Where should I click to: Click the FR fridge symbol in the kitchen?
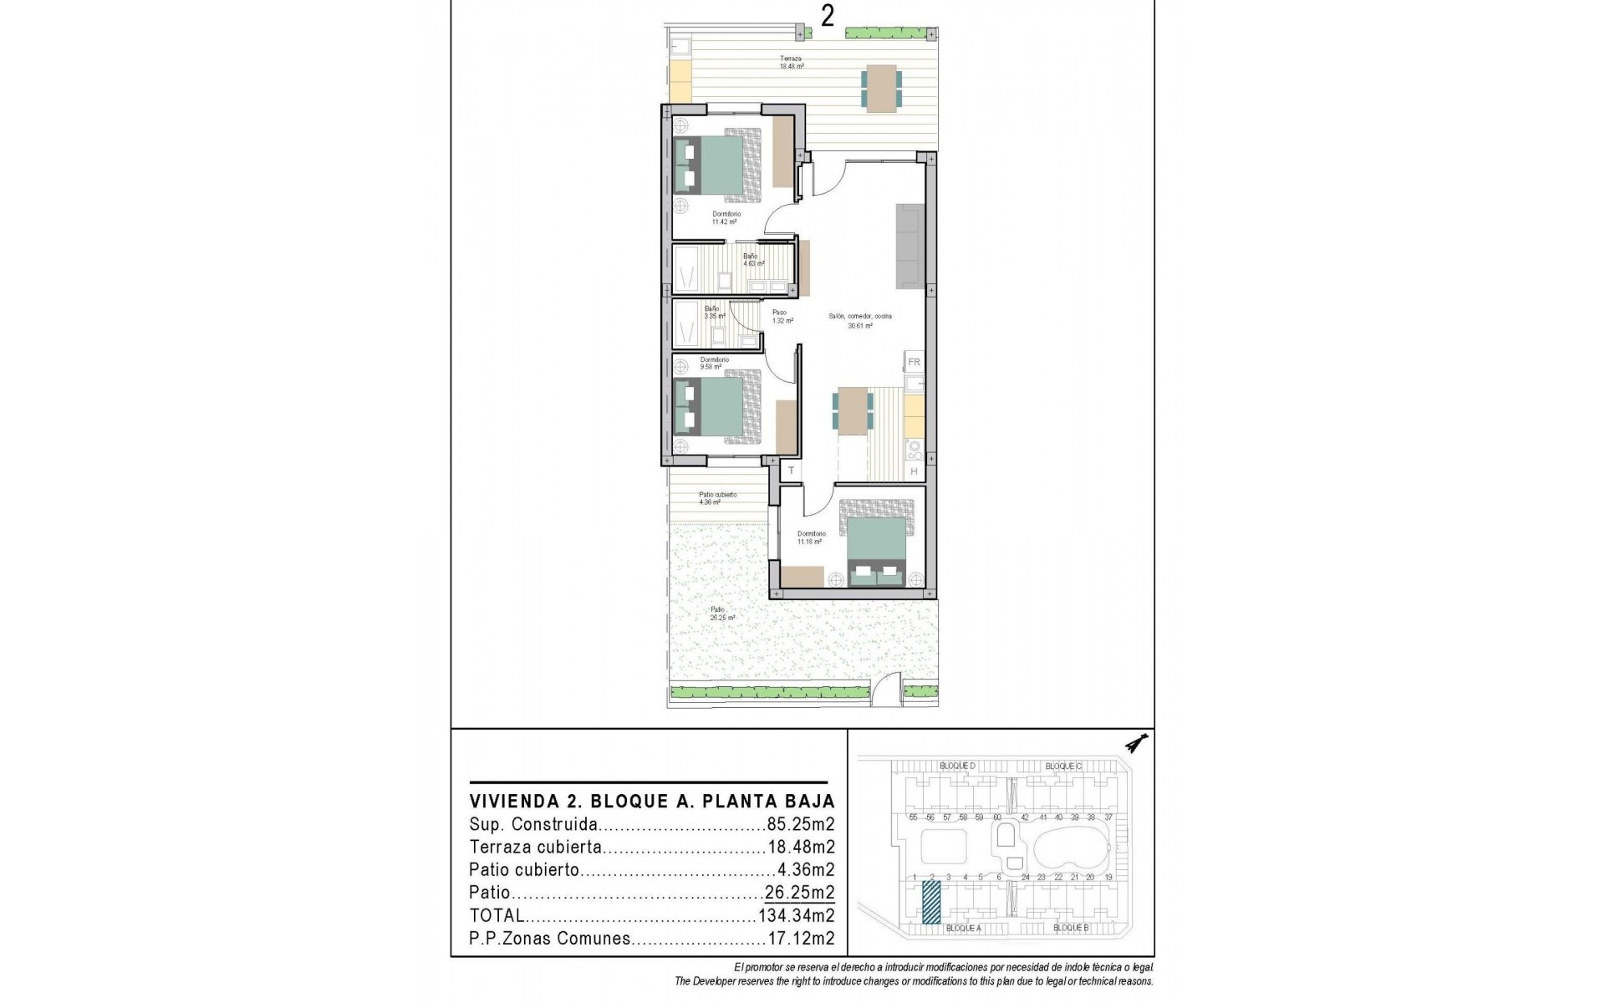click(x=914, y=362)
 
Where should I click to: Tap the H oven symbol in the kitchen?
click(x=914, y=472)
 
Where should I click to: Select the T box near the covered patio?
click(x=791, y=471)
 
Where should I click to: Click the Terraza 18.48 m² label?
click(x=791, y=63)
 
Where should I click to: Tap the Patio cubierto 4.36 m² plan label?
click(x=717, y=498)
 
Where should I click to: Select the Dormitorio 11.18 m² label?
click(x=811, y=537)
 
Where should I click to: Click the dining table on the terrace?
click(x=881, y=89)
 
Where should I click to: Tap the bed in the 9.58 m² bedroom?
click(x=717, y=407)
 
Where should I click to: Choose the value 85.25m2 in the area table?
click(x=800, y=824)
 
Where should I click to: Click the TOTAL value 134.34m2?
click(x=796, y=916)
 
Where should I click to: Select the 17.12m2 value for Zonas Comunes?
click(x=800, y=939)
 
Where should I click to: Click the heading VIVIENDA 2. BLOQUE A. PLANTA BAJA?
click(x=652, y=802)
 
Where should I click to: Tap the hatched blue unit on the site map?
click(x=931, y=904)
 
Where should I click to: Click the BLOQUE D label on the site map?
click(x=957, y=766)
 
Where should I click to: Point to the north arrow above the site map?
click(x=1136, y=742)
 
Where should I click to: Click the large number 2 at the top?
click(x=827, y=16)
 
